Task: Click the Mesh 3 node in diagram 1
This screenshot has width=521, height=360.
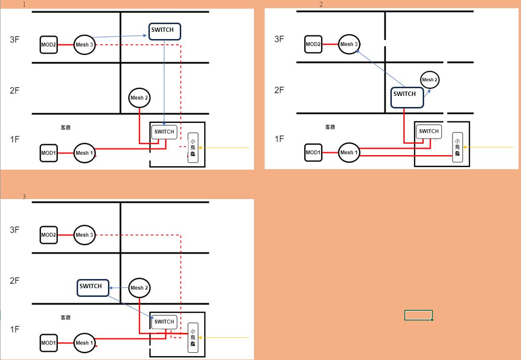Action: [x=84, y=45]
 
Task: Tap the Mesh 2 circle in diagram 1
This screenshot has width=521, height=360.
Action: [x=139, y=98]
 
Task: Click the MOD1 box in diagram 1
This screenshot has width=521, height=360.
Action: [x=49, y=153]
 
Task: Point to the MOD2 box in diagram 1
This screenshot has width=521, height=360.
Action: [x=49, y=45]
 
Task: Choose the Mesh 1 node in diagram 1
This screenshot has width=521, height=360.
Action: [x=84, y=153]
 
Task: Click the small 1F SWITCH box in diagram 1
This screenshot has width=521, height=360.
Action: [x=164, y=132]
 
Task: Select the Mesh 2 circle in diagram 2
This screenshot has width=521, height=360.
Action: [x=430, y=80]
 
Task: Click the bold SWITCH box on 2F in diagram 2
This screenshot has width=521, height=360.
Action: [x=407, y=97]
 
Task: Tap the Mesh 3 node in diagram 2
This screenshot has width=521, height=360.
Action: [x=349, y=44]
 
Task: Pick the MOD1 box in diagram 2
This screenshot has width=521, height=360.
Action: [x=313, y=152]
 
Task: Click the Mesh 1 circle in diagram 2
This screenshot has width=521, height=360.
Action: [x=349, y=152]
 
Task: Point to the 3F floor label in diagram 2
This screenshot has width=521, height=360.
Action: [x=279, y=39]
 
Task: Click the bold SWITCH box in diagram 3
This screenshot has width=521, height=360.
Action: [x=93, y=288]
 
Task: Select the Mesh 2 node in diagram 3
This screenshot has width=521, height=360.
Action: [x=139, y=288]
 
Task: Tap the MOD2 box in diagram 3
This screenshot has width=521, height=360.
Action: [x=49, y=235]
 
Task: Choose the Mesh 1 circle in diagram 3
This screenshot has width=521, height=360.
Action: [x=84, y=343]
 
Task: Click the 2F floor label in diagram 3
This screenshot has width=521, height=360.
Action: [x=14, y=280]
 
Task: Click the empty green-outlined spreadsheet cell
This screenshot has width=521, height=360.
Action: [x=418, y=315]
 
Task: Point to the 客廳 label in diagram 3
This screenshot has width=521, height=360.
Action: [x=66, y=318]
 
